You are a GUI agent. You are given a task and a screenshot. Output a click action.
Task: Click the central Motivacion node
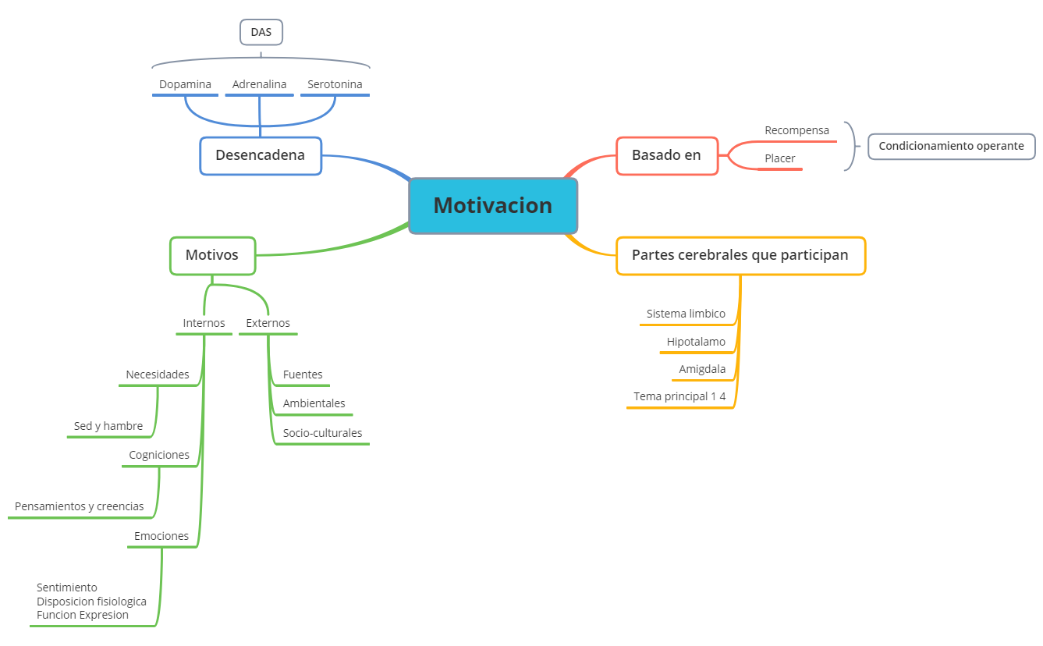tap(493, 206)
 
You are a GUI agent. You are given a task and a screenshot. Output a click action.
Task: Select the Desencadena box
tap(261, 155)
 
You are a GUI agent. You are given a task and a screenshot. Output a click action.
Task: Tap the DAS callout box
tap(261, 32)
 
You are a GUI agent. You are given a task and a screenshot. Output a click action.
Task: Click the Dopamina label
tap(185, 84)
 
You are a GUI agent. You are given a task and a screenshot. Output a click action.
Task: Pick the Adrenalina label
tap(259, 84)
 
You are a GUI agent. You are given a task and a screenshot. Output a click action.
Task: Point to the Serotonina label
tap(335, 84)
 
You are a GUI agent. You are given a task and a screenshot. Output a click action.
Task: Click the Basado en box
tap(666, 155)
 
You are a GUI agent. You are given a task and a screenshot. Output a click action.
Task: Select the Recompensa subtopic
tap(796, 130)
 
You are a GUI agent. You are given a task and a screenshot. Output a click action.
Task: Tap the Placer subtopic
tap(779, 158)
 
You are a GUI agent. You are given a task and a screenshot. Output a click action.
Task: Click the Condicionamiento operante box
tap(951, 146)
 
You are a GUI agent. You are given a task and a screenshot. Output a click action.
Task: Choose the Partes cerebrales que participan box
tap(740, 255)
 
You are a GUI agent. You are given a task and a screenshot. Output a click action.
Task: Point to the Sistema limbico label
tap(686, 314)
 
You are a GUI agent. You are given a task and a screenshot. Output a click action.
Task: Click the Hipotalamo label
tap(696, 342)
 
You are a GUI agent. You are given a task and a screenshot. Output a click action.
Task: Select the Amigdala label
tap(702, 369)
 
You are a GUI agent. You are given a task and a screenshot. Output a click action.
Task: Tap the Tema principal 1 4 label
tap(679, 396)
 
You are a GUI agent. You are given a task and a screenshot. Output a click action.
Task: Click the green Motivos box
tap(212, 255)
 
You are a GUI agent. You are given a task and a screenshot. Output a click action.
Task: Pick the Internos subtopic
tap(204, 323)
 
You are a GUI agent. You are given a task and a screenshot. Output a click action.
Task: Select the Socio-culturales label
tap(322, 433)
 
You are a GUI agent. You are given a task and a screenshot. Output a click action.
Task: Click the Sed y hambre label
tap(108, 426)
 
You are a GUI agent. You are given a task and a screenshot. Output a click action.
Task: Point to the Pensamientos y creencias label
tap(80, 506)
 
